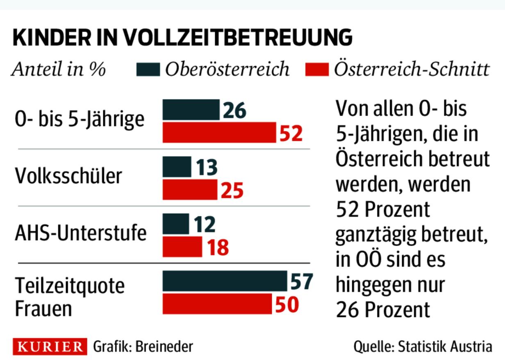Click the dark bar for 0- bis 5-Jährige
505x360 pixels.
191,109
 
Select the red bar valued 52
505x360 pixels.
219,132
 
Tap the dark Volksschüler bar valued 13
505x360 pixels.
177,166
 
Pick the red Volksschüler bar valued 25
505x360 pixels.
190,189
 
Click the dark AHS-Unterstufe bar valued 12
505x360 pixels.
176,223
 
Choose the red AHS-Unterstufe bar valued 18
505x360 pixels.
182,246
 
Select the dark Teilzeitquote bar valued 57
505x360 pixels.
225,280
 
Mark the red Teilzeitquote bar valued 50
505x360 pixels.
217,304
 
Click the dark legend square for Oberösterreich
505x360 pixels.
148,70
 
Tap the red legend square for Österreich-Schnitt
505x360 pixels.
317,70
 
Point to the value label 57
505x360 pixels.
301,281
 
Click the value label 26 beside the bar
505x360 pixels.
234,110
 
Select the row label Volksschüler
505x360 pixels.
68,176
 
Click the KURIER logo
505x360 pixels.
50,347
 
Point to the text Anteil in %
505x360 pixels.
59,70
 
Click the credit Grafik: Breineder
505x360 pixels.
143,347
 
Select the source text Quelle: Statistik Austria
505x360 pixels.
423,347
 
